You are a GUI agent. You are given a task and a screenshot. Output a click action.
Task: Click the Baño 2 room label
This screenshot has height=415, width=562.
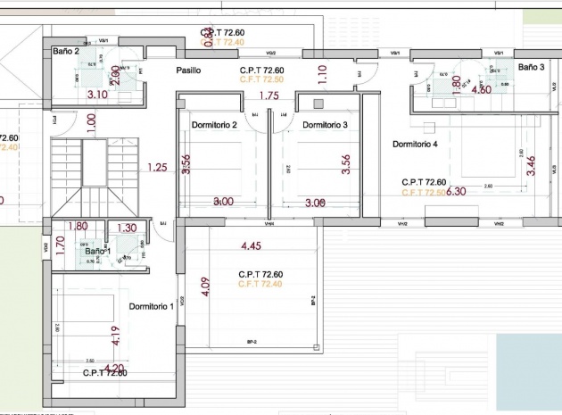pyautogui.click(x=66, y=52)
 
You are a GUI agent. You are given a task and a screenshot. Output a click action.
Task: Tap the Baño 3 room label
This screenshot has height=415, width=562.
pyautogui.click(x=531, y=67)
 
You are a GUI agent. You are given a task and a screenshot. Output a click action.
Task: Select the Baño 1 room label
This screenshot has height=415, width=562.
pyautogui.click(x=98, y=252)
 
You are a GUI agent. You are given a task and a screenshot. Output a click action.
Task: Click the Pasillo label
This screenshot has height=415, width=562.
pyautogui.click(x=188, y=70)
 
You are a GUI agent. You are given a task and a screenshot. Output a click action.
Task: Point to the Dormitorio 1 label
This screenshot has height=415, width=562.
pyautogui.click(x=152, y=307)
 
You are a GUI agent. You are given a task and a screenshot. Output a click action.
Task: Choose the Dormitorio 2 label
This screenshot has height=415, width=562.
pyautogui.click(x=214, y=125)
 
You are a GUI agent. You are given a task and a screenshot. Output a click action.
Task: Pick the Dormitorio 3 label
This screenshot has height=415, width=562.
pyautogui.click(x=325, y=125)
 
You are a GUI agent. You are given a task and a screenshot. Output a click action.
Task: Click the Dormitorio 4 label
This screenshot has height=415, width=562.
pyautogui.click(x=416, y=144)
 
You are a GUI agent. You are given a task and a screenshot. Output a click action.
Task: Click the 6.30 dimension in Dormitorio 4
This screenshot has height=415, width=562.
pyautogui.click(x=456, y=191)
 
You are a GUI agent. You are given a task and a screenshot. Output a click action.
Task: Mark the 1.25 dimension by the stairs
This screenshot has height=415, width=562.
pyautogui.click(x=158, y=167)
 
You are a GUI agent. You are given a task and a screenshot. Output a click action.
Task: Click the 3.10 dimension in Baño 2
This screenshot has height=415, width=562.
pyautogui.click(x=97, y=94)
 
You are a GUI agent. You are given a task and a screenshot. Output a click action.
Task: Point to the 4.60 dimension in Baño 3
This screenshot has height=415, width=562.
pyautogui.click(x=481, y=90)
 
